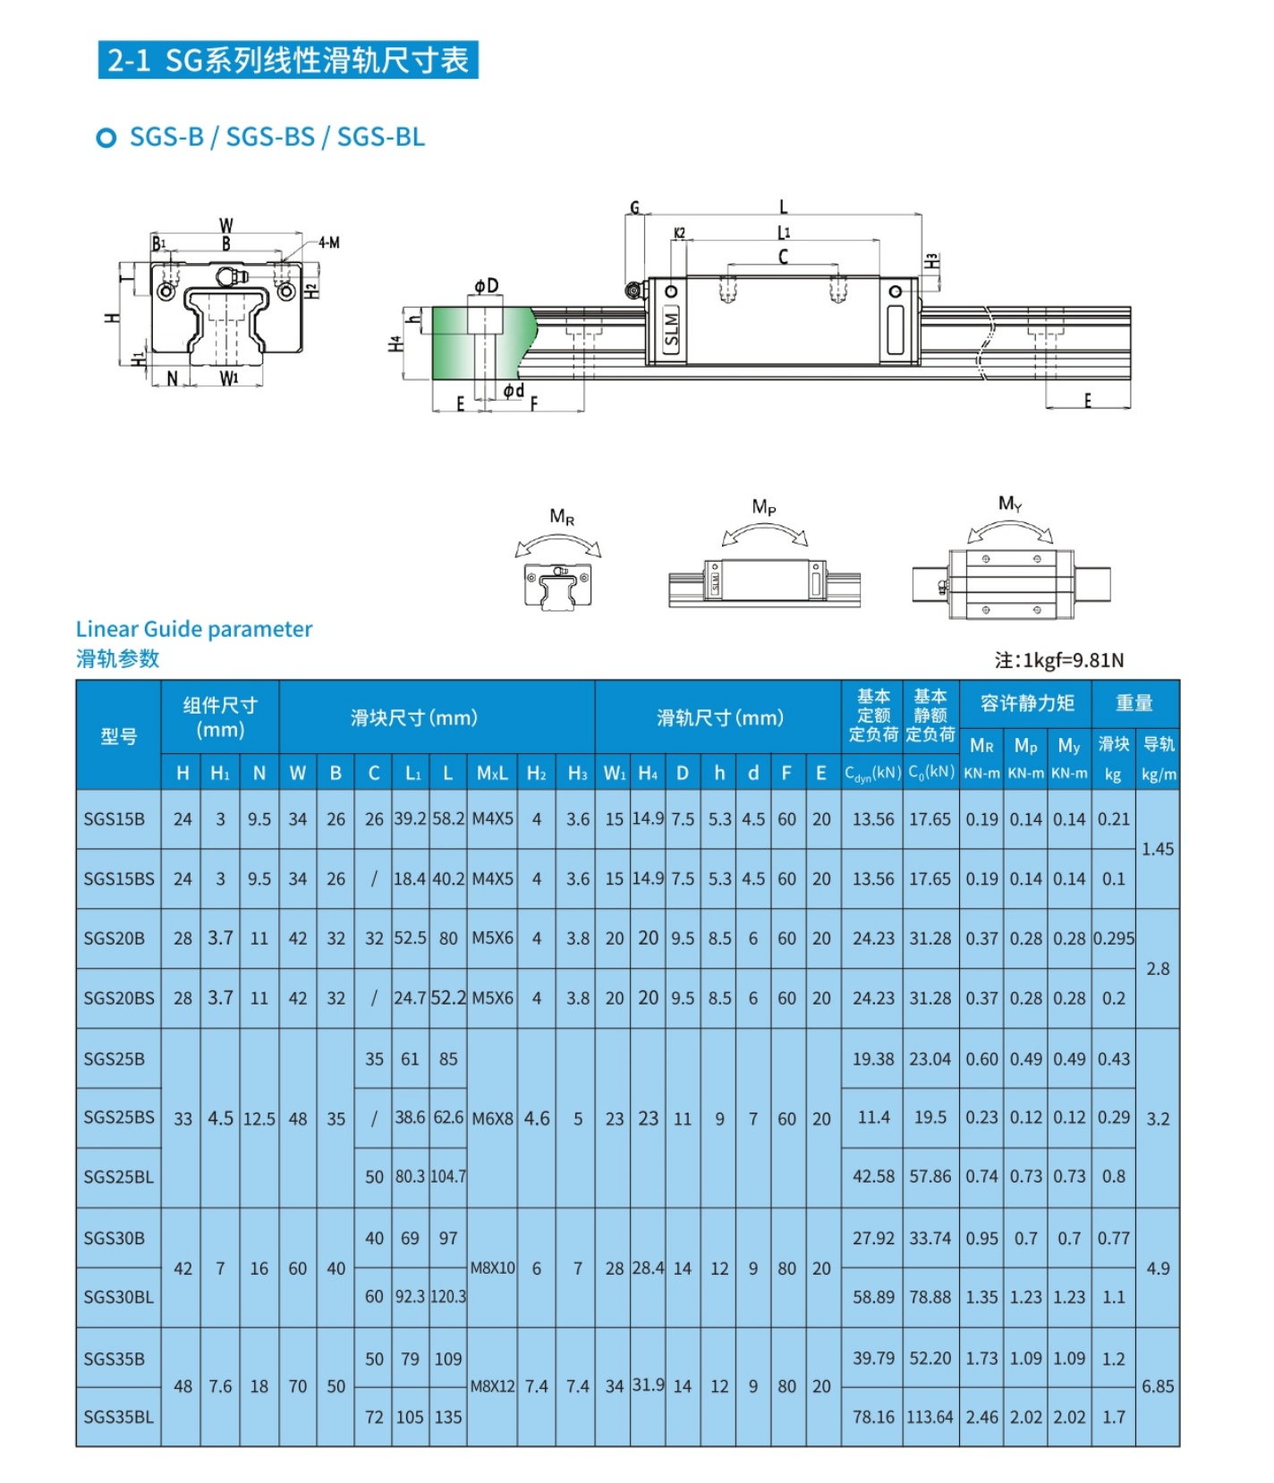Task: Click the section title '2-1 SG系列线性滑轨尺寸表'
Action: tap(287, 60)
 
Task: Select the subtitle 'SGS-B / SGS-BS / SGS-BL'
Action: tap(276, 137)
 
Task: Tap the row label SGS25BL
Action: tap(118, 1177)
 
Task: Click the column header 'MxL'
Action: tap(492, 773)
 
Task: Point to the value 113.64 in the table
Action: tap(930, 1417)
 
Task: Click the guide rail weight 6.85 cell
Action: tap(1157, 1386)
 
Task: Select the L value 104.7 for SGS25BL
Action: tap(448, 1177)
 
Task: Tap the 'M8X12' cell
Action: tap(492, 1386)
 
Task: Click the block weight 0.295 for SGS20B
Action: tap(1113, 938)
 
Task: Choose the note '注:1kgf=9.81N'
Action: tap(1058, 660)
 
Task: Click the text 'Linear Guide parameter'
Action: tap(194, 629)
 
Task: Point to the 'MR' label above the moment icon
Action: tap(562, 516)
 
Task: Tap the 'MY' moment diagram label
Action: tap(1009, 504)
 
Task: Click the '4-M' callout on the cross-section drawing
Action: tap(328, 242)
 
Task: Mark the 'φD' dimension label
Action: tap(487, 285)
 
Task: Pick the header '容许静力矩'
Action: tap(1026, 703)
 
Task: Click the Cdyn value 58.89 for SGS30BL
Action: tap(872, 1297)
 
